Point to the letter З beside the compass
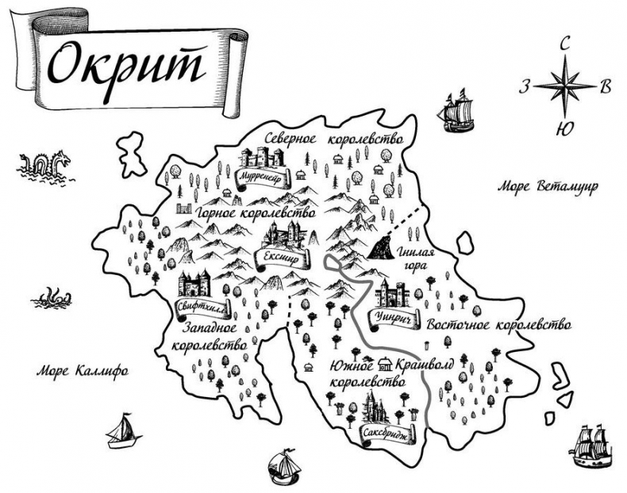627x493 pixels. pos(525,86)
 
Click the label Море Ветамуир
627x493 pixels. pos(547,187)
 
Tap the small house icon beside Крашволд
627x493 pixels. pos(387,364)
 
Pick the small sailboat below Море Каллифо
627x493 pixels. pos(121,431)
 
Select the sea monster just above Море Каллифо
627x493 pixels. pos(52,296)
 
